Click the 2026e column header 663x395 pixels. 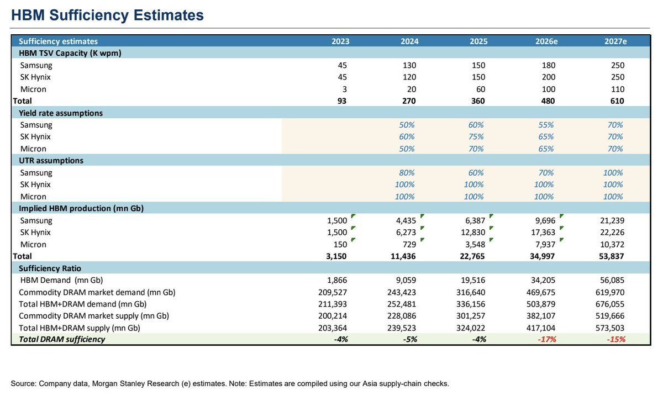pyautogui.click(x=546, y=41)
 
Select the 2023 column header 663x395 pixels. pyautogui.click(x=340, y=41)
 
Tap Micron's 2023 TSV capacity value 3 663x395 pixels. pyautogui.click(x=345, y=89)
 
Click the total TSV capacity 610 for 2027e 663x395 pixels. pyautogui.click(x=617, y=101)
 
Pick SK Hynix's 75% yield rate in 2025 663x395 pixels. pyautogui.click(x=476, y=136)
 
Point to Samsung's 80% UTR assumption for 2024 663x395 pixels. pyautogui.click(x=407, y=172)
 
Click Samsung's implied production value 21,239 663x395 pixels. pyautogui.click(x=612, y=220)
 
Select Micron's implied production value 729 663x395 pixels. pyautogui.click(x=409, y=244)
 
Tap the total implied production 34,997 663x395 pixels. pyautogui.click(x=542, y=256)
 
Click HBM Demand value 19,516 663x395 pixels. pyautogui.click(x=473, y=280)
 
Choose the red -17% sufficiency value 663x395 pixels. pyautogui.click(x=546, y=339)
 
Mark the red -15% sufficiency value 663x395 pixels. pyautogui.click(x=616, y=339)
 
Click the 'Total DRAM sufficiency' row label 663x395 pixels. pyautogui.click(x=62, y=339)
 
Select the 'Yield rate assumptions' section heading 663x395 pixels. pyautogui.click(x=61, y=113)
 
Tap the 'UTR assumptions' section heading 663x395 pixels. pyautogui.click(x=51, y=160)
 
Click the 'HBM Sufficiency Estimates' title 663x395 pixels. pyautogui.click(x=107, y=15)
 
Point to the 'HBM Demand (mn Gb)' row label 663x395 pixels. pyautogui.click(x=61, y=280)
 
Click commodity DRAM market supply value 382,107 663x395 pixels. pyautogui.click(x=541, y=315)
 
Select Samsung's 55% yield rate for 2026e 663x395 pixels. pyautogui.click(x=546, y=125)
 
